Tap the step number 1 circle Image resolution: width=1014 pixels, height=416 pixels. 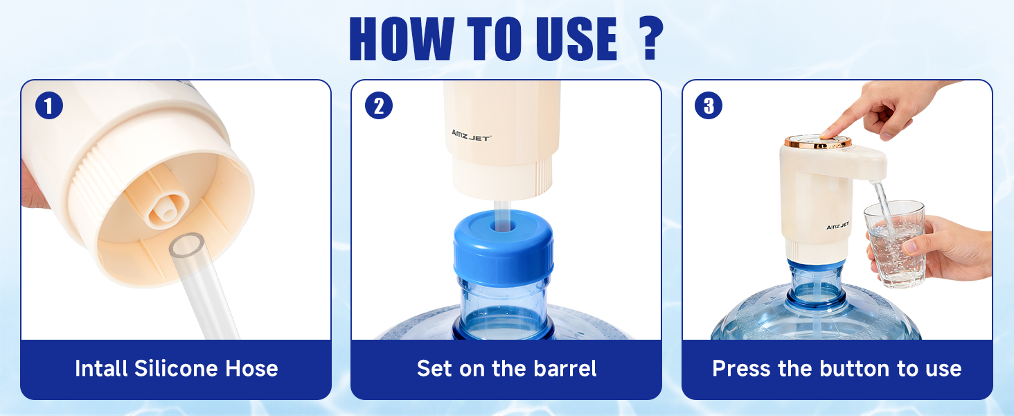click(x=49, y=105)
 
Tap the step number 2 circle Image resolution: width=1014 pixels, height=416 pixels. click(x=379, y=105)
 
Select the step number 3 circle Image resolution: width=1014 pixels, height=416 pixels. click(x=709, y=105)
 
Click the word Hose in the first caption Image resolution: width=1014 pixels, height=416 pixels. click(x=251, y=368)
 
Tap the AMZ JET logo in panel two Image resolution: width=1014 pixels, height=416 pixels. click(x=471, y=135)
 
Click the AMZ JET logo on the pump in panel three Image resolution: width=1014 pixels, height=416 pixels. click(x=838, y=225)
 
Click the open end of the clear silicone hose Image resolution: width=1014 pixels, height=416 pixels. click(x=187, y=245)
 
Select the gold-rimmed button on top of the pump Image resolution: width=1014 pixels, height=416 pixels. click(x=818, y=141)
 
